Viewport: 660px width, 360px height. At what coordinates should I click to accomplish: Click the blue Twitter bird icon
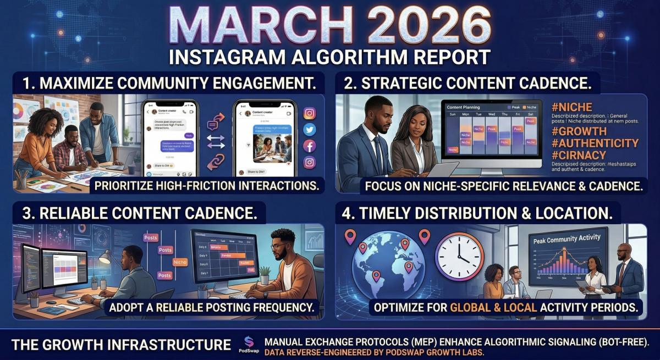pyautogui.click(x=310, y=130)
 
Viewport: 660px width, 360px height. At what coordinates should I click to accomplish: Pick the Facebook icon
pyautogui.click(x=310, y=146)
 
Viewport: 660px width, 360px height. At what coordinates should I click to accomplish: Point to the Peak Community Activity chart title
pyautogui.click(x=566, y=238)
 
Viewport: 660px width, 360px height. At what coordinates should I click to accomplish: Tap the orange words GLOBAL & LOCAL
pyautogui.click(x=493, y=307)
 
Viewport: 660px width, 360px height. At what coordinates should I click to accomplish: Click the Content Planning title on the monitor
pyautogui.click(x=463, y=107)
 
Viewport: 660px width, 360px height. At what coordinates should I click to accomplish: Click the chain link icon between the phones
pyautogui.click(x=216, y=162)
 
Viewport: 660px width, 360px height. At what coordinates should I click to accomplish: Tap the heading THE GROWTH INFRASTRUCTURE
pyautogui.click(x=121, y=345)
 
